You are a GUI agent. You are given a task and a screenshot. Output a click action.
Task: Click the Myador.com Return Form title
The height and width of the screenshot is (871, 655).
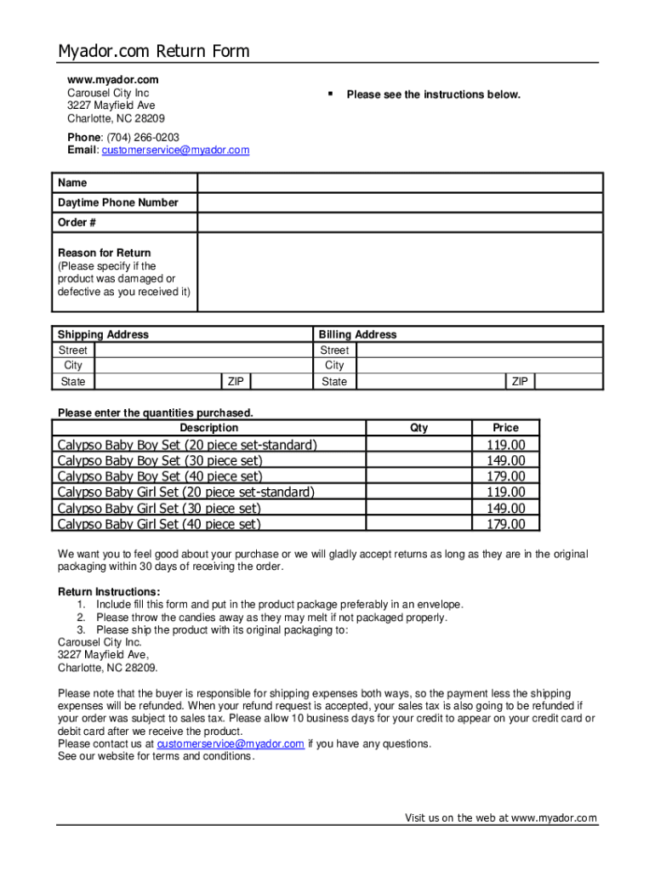click(153, 51)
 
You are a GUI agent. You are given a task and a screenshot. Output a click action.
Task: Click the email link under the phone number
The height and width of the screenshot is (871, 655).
click(175, 151)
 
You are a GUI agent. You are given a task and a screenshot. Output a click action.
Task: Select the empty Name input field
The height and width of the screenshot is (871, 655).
click(400, 183)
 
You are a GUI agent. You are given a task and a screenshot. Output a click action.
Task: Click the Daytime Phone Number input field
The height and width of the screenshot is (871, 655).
click(400, 202)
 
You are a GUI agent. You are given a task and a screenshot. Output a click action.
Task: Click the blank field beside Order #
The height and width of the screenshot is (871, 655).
click(400, 223)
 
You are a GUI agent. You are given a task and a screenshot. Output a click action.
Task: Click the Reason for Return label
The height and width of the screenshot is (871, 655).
click(104, 253)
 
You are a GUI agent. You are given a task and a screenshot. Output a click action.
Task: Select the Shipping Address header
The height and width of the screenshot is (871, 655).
click(103, 334)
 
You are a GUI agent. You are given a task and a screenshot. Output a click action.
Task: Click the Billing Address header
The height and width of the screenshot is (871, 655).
click(357, 334)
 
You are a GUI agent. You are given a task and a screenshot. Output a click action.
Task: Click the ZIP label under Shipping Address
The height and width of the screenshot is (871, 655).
click(236, 382)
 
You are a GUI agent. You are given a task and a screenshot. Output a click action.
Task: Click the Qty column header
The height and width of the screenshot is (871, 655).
click(419, 428)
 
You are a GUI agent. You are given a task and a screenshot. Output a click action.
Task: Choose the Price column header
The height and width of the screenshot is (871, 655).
click(505, 428)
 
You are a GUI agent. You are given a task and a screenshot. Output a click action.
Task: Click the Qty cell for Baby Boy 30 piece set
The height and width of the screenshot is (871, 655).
click(419, 461)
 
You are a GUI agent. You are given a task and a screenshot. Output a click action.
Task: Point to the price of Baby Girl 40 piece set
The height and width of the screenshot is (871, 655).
click(505, 524)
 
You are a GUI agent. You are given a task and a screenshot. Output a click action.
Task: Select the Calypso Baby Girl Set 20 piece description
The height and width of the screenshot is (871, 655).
click(185, 492)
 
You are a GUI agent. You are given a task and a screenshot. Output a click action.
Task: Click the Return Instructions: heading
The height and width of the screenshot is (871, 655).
click(109, 592)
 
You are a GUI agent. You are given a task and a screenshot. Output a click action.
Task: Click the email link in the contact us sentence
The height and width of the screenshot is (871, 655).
click(231, 743)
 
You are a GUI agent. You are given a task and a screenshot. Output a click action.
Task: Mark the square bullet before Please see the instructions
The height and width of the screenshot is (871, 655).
click(330, 94)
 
